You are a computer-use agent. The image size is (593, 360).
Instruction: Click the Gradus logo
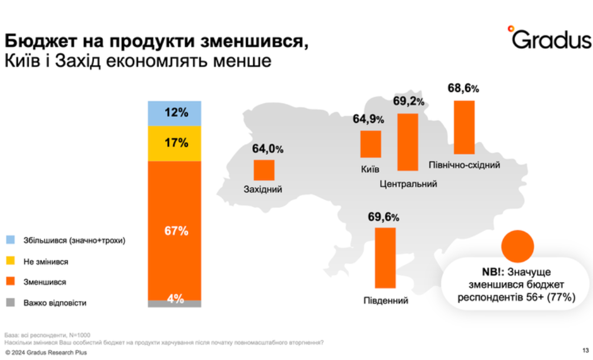(549, 38)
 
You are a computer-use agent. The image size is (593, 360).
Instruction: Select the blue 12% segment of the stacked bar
(174, 113)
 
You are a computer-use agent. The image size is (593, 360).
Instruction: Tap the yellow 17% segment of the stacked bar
(174, 143)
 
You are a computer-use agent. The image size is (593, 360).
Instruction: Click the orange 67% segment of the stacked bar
(174, 231)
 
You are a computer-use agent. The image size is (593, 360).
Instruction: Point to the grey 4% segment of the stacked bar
(174, 304)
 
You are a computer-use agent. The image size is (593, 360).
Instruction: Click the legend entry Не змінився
(45, 261)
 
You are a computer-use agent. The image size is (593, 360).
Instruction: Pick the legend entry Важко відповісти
(54, 303)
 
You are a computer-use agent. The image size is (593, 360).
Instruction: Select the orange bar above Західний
(264, 170)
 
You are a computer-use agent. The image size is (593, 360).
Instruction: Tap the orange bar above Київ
(371, 144)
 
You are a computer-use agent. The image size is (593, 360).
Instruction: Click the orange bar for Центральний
(407, 142)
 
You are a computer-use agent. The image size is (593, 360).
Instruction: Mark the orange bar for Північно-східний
(464, 127)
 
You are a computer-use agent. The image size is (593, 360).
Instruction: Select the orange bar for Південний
(385, 258)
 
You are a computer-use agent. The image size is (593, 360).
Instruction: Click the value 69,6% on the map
(383, 218)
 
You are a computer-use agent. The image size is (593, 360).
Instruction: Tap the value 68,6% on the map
(463, 89)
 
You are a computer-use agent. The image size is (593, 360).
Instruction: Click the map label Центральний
(408, 184)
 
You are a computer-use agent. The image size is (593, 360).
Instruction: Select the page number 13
(585, 350)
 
